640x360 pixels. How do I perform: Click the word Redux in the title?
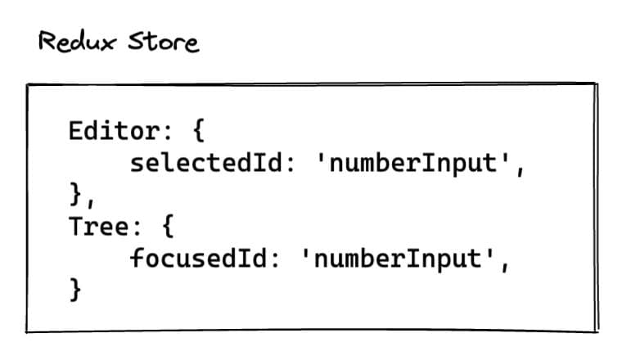coord(78,41)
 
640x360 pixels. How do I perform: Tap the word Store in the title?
coord(164,42)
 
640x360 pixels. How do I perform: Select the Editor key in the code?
coord(115,131)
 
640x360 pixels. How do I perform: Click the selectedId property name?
coord(206,163)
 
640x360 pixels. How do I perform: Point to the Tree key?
coord(99,226)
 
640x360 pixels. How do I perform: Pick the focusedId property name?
coord(198,258)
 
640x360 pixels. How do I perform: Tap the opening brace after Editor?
coord(198,131)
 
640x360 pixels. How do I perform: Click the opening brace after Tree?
coord(168,226)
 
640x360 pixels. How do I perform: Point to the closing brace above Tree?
coord(76,194)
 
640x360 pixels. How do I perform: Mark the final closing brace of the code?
coord(76,290)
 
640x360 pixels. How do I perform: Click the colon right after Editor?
coord(168,133)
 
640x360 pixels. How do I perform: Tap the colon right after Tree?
coord(137,227)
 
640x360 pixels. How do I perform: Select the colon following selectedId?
coord(291,164)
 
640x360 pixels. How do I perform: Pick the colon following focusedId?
coord(275,259)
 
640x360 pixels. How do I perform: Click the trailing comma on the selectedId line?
coord(520,169)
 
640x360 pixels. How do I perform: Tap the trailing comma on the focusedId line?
coord(505,265)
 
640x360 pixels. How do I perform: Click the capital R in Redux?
coord(47,41)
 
